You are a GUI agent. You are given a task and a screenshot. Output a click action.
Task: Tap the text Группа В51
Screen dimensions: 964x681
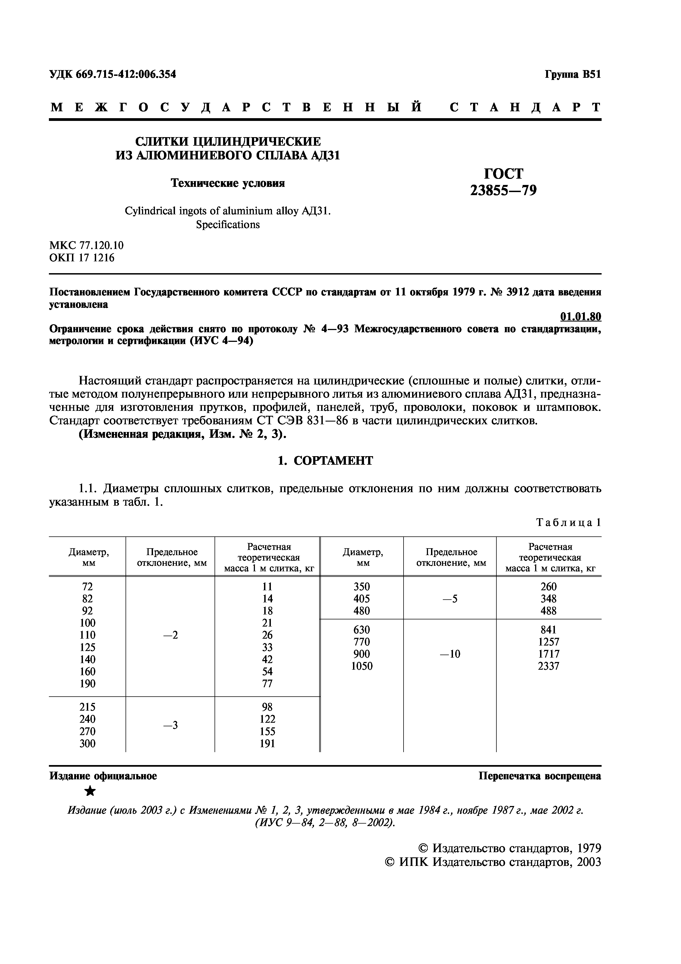point(573,74)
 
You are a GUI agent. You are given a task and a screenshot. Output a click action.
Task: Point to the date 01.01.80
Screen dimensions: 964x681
point(581,316)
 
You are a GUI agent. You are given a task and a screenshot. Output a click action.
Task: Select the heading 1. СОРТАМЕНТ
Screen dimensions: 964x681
point(325,461)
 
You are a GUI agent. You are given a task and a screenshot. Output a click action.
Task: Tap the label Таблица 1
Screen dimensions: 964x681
point(569,522)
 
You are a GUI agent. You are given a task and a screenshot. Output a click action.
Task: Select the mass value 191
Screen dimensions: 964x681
point(267,744)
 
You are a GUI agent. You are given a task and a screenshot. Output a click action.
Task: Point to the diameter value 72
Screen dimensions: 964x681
point(87,586)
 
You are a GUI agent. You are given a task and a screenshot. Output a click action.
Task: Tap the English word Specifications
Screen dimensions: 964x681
point(228,225)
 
